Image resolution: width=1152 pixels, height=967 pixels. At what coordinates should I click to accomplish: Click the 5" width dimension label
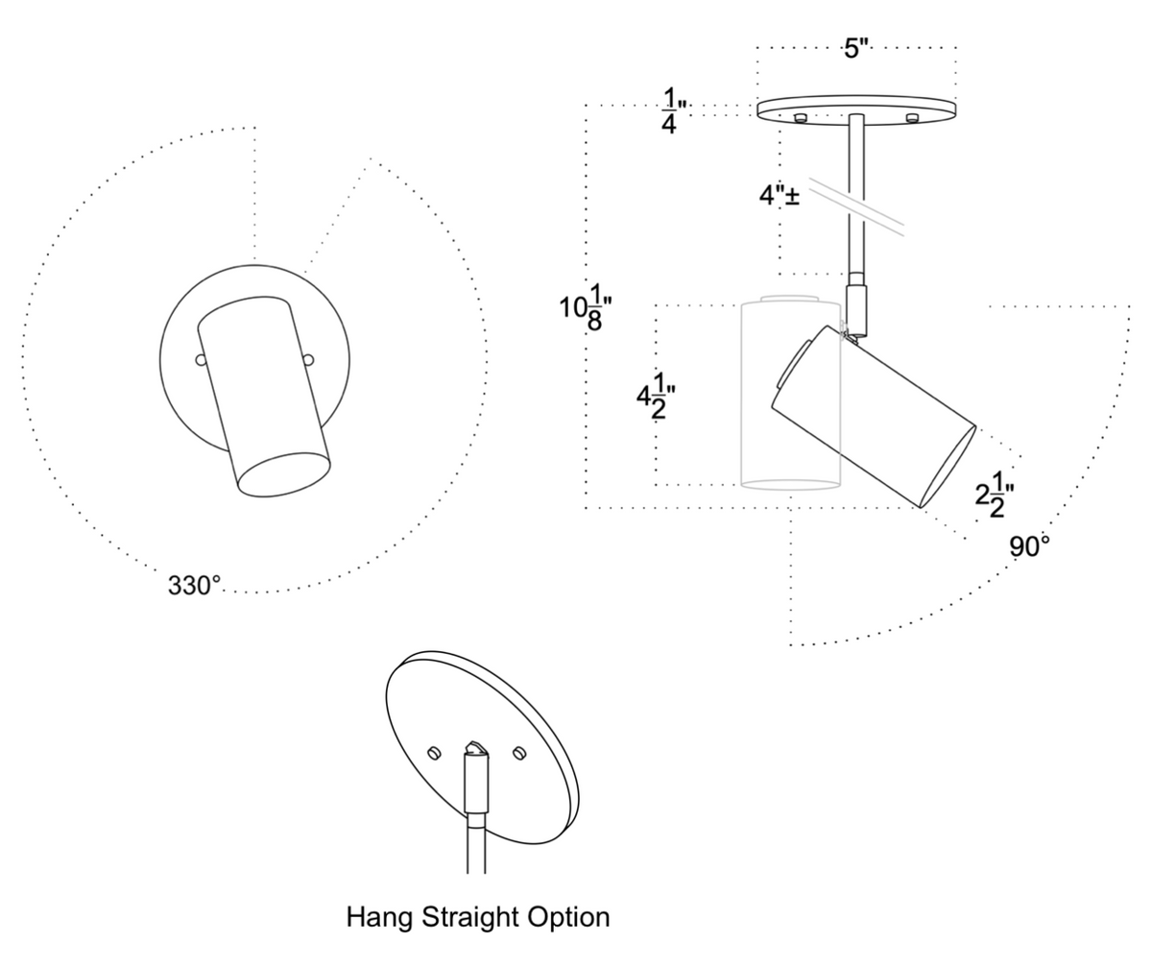pos(856,48)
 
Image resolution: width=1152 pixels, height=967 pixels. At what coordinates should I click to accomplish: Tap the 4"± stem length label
pos(780,196)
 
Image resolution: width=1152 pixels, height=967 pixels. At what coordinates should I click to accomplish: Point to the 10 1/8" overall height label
pos(586,307)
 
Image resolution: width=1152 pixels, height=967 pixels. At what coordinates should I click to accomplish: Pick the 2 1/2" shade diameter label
pos(995,495)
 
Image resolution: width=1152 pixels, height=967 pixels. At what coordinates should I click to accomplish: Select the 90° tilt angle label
pos(1029,547)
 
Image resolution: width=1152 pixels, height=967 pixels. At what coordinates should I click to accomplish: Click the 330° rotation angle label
pos(194,586)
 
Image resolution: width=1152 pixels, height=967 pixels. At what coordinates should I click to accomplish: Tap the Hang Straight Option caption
pos(477,917)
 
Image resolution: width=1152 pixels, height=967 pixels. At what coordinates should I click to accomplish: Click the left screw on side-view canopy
pos(799,117)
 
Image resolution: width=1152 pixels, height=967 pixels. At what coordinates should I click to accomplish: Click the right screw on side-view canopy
pos(912,118)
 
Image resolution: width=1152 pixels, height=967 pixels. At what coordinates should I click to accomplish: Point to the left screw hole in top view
pos(201,360)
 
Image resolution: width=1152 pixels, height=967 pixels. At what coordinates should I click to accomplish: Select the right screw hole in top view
pos(307,360)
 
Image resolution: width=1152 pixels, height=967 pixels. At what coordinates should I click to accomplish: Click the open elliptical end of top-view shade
pos(284,474)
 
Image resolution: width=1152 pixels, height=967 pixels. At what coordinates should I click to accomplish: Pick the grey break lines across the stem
pos(856,205)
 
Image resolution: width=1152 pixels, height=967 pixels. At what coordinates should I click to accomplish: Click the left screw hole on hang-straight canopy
pos(434,751)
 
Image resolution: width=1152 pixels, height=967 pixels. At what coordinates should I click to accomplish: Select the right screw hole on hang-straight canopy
pos(519,752)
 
